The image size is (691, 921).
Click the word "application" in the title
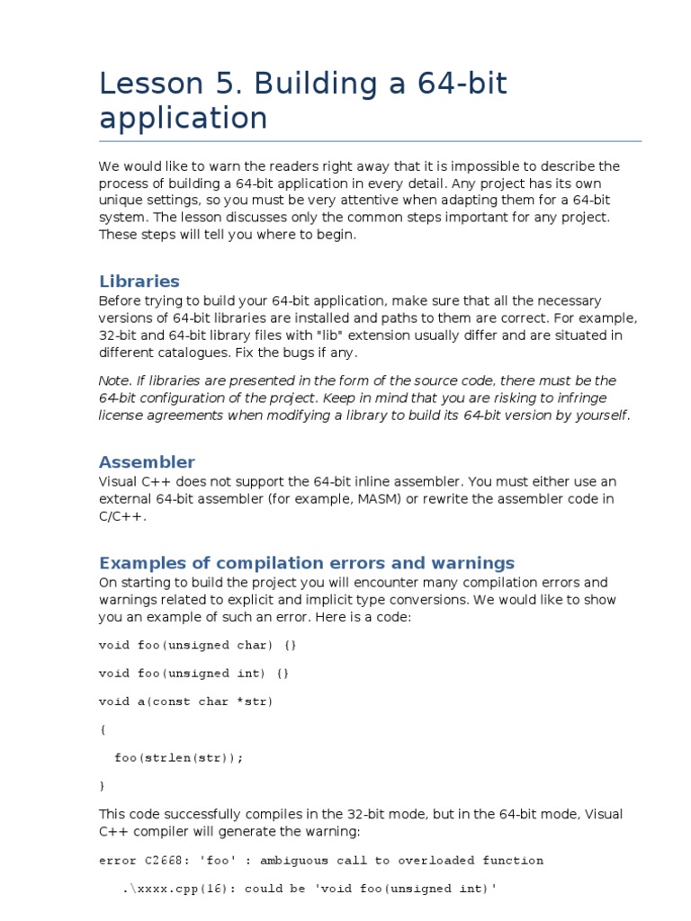point(183,118)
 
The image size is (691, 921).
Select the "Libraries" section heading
point(139,281)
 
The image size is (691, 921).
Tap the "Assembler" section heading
point(146,462)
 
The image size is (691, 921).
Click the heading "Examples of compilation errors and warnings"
point(306,563)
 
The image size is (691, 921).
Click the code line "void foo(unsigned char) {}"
point(197,645)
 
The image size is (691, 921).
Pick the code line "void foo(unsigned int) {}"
point(193,673)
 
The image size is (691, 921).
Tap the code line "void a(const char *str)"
point(185,702)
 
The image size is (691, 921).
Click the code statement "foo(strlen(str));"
point(179,757)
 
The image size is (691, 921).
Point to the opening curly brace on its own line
point(102,729)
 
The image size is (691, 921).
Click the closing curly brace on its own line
point(102,785)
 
